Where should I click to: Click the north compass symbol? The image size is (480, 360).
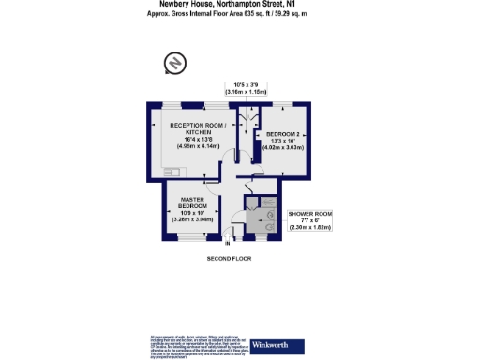[x=173, y=63]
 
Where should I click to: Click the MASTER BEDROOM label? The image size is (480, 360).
[x=194, y=202]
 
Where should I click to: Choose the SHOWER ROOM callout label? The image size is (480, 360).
[x=309, y=215]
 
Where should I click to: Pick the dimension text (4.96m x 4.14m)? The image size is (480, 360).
[x=191, y=147]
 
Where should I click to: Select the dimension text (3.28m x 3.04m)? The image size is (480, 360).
[x=194, y=219]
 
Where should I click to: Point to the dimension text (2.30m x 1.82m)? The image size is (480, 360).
[x=309, y=229]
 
